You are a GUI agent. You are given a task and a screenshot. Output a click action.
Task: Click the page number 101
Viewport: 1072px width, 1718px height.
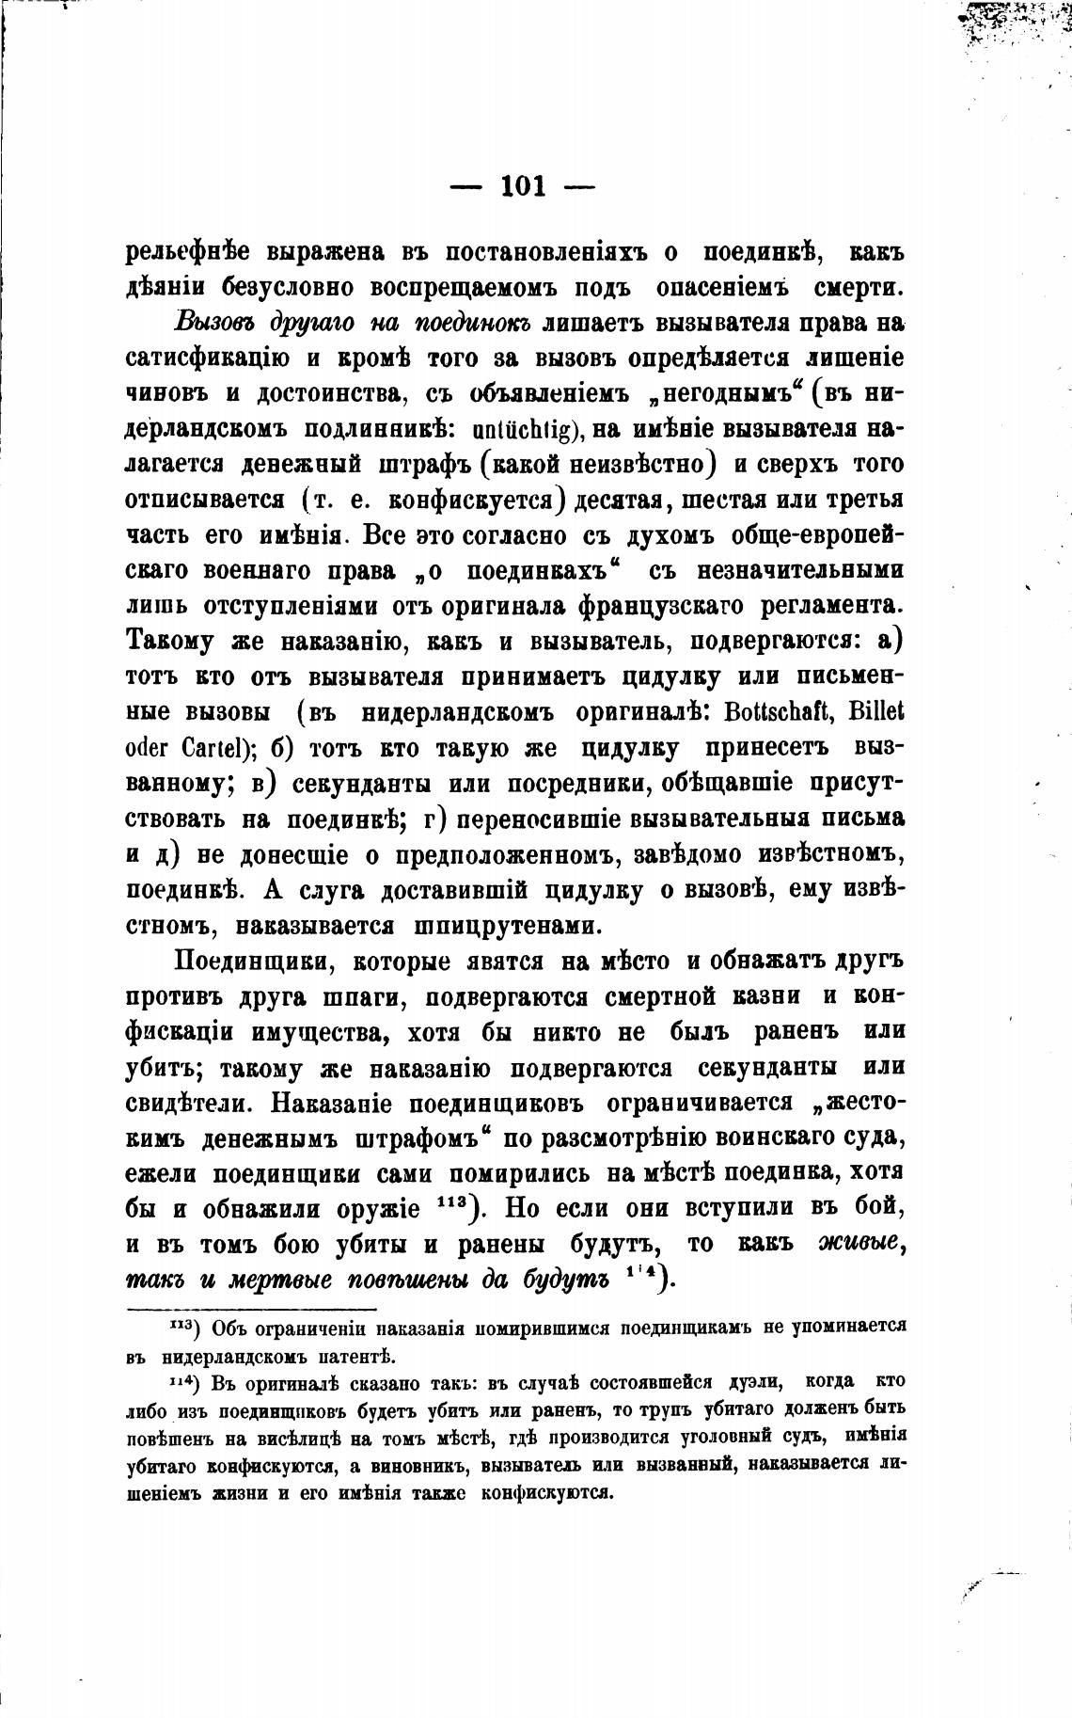(524, 185)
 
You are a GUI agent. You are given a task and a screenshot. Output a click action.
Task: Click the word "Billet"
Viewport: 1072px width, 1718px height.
(876, 712)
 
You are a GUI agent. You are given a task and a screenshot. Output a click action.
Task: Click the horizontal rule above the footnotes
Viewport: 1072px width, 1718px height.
(251, 1309)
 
